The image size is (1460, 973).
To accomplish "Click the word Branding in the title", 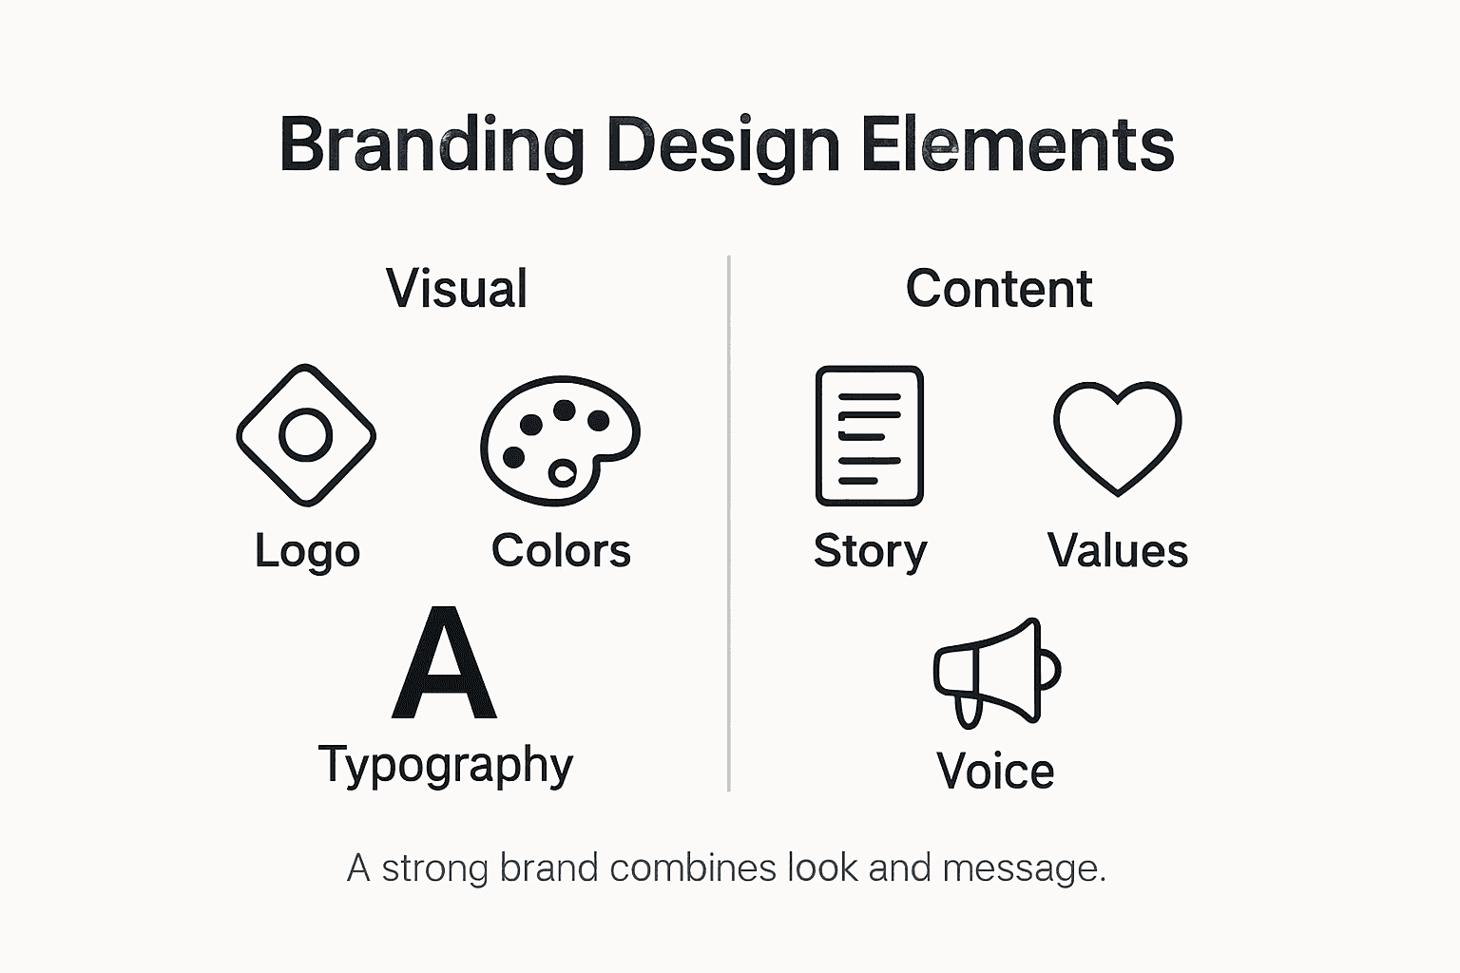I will coord(431,145).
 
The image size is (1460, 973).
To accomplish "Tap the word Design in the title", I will coord(722,145).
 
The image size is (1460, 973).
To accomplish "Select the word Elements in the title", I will coord(1017,145).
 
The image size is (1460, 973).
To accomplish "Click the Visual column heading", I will coord(456,289).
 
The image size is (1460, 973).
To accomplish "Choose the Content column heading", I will coord(998,289).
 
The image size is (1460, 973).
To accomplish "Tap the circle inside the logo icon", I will coord(306,435).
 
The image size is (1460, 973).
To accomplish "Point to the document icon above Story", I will coord(869,435).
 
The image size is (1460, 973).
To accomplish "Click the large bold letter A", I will coord(444,664).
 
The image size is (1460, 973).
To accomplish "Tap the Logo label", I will coord(307,551).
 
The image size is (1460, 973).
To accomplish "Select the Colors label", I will coord(561,551).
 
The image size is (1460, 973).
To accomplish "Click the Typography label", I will coord(445,765).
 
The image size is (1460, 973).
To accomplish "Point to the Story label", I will coord(870,551).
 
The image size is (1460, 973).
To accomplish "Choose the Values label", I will coord(1117,551).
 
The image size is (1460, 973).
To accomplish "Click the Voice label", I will coord(995,771).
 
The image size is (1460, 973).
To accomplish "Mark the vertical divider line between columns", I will coord(729,523).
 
